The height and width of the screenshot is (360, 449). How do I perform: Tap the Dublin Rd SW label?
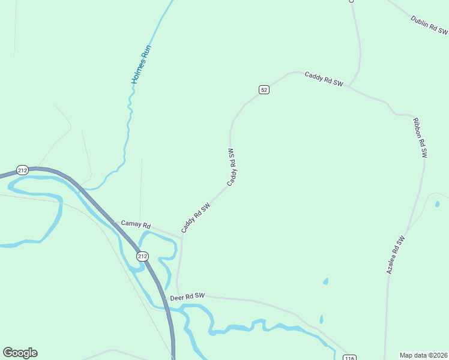click(x=429, y=25)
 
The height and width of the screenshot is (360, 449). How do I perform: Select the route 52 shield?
click(x=264, y=89)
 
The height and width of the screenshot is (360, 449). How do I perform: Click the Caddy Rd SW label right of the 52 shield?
click(x=324, y=79)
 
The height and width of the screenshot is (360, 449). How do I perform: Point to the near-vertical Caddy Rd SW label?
click(x=232, y=166)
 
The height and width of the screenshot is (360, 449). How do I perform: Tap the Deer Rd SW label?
click(x=187, y=297)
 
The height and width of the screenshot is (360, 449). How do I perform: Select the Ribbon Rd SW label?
click(x=419, y=137)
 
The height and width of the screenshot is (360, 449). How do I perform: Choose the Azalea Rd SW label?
click(x=396, y=255)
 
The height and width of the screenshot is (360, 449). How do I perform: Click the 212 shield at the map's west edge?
click(x=23, y=170)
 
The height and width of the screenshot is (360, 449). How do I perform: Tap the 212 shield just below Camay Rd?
click(x=142, y=256)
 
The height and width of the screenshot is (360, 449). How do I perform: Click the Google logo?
click(x=20, y=353)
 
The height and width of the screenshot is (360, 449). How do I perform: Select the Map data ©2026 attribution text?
click(x=424, y=355)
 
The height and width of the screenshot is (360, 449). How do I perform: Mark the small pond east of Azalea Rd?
click(x=437, y=204)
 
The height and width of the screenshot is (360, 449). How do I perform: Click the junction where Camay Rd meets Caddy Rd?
click(x=181, y=235)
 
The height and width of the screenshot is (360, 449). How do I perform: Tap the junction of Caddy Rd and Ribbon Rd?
click(x=349, y=86)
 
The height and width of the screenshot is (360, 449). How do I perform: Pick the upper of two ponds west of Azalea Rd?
click(x=326, y=281)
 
